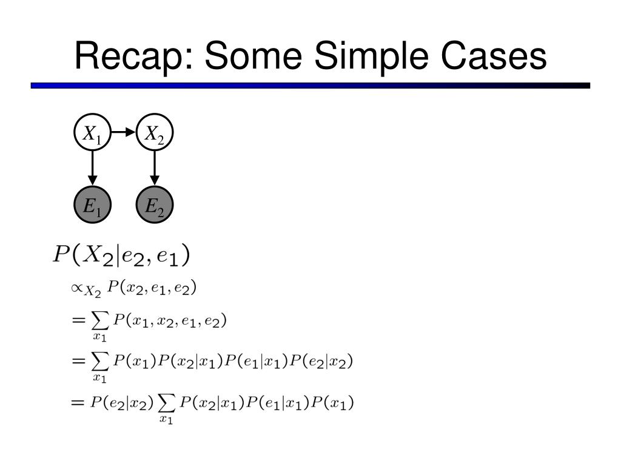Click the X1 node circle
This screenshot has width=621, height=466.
(92, 133)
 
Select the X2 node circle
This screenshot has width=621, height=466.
(155, 133)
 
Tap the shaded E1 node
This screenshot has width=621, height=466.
(92, 206)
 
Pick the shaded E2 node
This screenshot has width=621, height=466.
(155, 206)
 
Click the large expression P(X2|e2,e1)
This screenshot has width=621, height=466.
(121, 255)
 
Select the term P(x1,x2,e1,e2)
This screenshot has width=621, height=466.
(170, 321)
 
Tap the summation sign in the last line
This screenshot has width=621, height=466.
(166, 403)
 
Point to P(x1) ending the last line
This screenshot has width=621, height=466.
(332, 402)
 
